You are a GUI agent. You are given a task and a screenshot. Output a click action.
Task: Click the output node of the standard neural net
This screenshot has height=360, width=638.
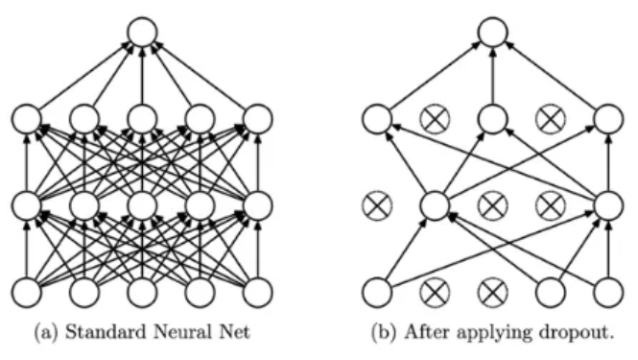(142, 32)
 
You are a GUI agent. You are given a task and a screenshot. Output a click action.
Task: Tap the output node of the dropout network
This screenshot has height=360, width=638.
(493, 32)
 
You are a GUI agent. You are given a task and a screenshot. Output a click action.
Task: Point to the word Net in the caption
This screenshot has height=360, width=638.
(235, 331)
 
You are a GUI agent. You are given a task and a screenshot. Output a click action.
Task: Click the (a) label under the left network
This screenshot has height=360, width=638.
(47, 332)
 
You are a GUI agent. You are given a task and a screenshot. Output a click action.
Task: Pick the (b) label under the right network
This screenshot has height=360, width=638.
(384, 332)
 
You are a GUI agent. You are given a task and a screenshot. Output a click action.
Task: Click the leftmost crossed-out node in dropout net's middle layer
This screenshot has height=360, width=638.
(377, 204)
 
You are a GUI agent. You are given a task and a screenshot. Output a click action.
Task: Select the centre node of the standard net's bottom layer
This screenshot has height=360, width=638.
(142, 292)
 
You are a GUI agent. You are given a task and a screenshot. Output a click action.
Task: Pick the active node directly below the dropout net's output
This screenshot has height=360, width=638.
(493, 119)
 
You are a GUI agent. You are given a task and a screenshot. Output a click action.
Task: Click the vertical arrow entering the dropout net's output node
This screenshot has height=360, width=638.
(493, 75)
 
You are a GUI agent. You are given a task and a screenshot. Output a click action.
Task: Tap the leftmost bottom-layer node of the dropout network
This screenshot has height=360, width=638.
(377, 292)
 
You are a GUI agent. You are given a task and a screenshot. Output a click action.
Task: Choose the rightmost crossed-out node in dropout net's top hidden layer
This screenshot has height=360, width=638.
(551, 119)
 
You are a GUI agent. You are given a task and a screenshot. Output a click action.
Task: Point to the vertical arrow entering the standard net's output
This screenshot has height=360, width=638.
(142, 75)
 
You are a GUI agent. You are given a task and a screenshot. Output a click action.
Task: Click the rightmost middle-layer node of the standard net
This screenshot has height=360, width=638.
(257, 204)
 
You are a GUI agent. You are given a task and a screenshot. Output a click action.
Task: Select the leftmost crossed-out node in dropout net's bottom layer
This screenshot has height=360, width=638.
(435, 292)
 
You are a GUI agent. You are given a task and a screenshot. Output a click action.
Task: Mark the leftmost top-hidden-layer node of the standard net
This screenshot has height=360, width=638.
(27, 119)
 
